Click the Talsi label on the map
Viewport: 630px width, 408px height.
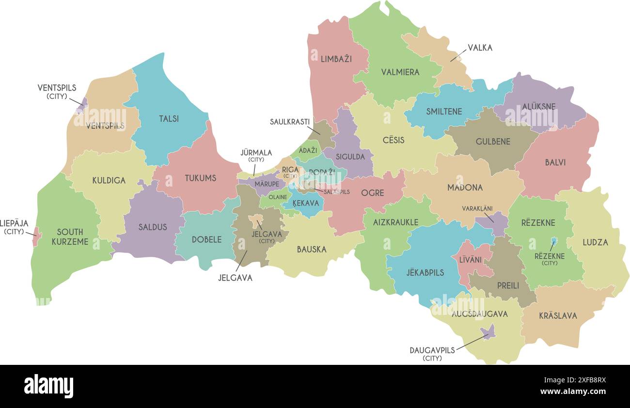click(x=169, y=119)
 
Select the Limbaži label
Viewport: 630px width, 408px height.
click(x=336, y=59)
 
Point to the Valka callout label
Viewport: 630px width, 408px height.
click(x=480, y=48)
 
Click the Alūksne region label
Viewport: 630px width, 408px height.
click(x=539, y=107)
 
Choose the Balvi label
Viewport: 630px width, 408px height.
click(x=555, y=163)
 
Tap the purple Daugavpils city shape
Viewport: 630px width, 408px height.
click(x=488, y=332)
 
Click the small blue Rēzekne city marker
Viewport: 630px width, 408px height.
click(x=553, y=241)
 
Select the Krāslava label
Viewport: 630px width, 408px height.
click(x=558, y=316)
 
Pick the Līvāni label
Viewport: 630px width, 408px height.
click(x=470, y=260)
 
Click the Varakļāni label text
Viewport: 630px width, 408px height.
click(x=477, y=208)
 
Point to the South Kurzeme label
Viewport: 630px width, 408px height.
click(x=70, y=236)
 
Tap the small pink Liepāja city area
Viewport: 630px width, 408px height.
click(x=36, y=236)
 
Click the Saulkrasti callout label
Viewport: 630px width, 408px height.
click(x=289, y=122)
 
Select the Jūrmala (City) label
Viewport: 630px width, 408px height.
click(x=256, y=156)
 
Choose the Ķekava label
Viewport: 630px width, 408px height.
click(x=307, y=204)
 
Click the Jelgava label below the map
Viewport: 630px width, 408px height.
click(x=235, y=278)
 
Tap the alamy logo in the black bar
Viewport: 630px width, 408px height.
click(x=48, y=386)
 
